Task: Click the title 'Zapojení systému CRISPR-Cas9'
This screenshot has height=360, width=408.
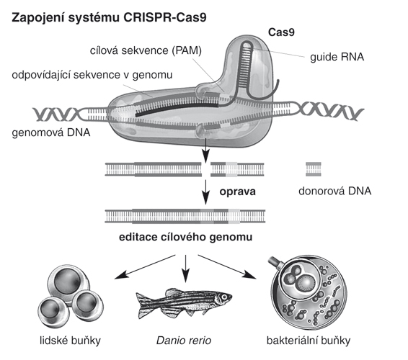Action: click(x=110, y=18)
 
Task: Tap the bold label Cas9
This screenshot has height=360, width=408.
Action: click(x=281, y=32)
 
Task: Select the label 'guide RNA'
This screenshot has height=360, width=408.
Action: click(x=337, y=57)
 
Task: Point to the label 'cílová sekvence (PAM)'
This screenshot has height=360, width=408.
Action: click(x=146, y=50)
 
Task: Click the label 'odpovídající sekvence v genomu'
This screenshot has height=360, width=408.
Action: click(x=92, y=75)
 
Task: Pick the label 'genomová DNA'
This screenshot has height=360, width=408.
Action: click(x=51, y=132)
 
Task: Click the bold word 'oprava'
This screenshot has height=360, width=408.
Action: click(x=238, y=192)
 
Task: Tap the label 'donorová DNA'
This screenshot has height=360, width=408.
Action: click(x=335, y=191)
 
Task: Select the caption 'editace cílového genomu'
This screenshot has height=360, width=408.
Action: click(x=185, y=238)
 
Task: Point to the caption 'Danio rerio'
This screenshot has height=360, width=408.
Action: click(x=184, y=341)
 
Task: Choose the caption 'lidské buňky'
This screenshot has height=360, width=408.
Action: click(x=70, y=341)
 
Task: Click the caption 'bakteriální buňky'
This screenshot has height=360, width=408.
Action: click(x=309, y=341)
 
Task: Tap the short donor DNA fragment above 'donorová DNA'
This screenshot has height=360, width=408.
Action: click(x=314, y=169)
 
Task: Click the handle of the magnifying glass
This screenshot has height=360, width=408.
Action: click(x=275, y=263)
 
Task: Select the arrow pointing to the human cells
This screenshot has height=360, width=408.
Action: click(x=145, y=267)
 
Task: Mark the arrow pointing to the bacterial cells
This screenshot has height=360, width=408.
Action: click(x=227, y=267)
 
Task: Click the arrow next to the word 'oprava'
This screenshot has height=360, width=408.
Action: click(x=206, y=192)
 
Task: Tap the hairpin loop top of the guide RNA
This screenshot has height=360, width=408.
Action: click(x=247, y=45)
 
